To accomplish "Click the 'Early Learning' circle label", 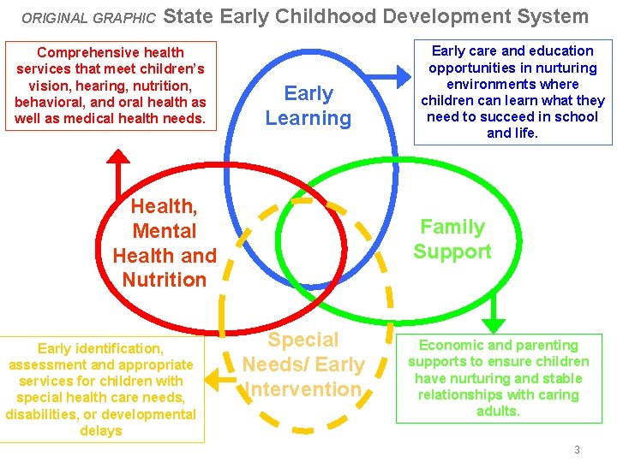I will [x=308, y=106].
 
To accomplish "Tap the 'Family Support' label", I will [x=452, y=240].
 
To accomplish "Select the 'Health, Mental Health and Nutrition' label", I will [x=164, y=243].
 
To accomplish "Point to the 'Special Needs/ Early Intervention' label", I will [x=303, y=364].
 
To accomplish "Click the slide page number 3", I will [x=577, y=449].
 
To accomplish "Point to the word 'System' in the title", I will [x=557, y=16].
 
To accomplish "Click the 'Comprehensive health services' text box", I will [x=111, y=86].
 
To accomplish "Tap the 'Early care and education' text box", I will [x=512, y=92].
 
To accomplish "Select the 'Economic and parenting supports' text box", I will [x=499, y=378].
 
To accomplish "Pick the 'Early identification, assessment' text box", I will [x=101, y=389].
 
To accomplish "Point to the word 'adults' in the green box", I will [x=498, y=412].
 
